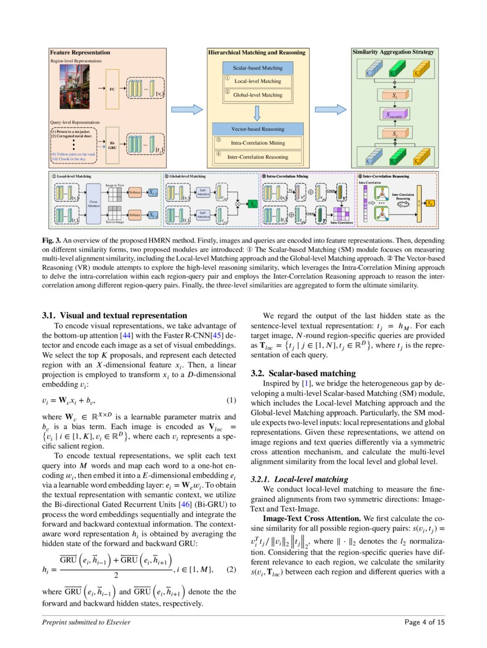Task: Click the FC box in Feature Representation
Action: tap(112, 89)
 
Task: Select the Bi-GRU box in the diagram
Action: tap(112, 143)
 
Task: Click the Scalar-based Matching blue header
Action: tap(257, 68)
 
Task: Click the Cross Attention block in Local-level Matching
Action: tap(94, 202)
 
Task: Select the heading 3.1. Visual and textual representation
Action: tap(115, 316)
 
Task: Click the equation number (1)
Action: tap(231, 401)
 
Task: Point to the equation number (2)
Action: tap(231, 569)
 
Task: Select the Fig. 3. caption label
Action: tap(52, 241)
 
